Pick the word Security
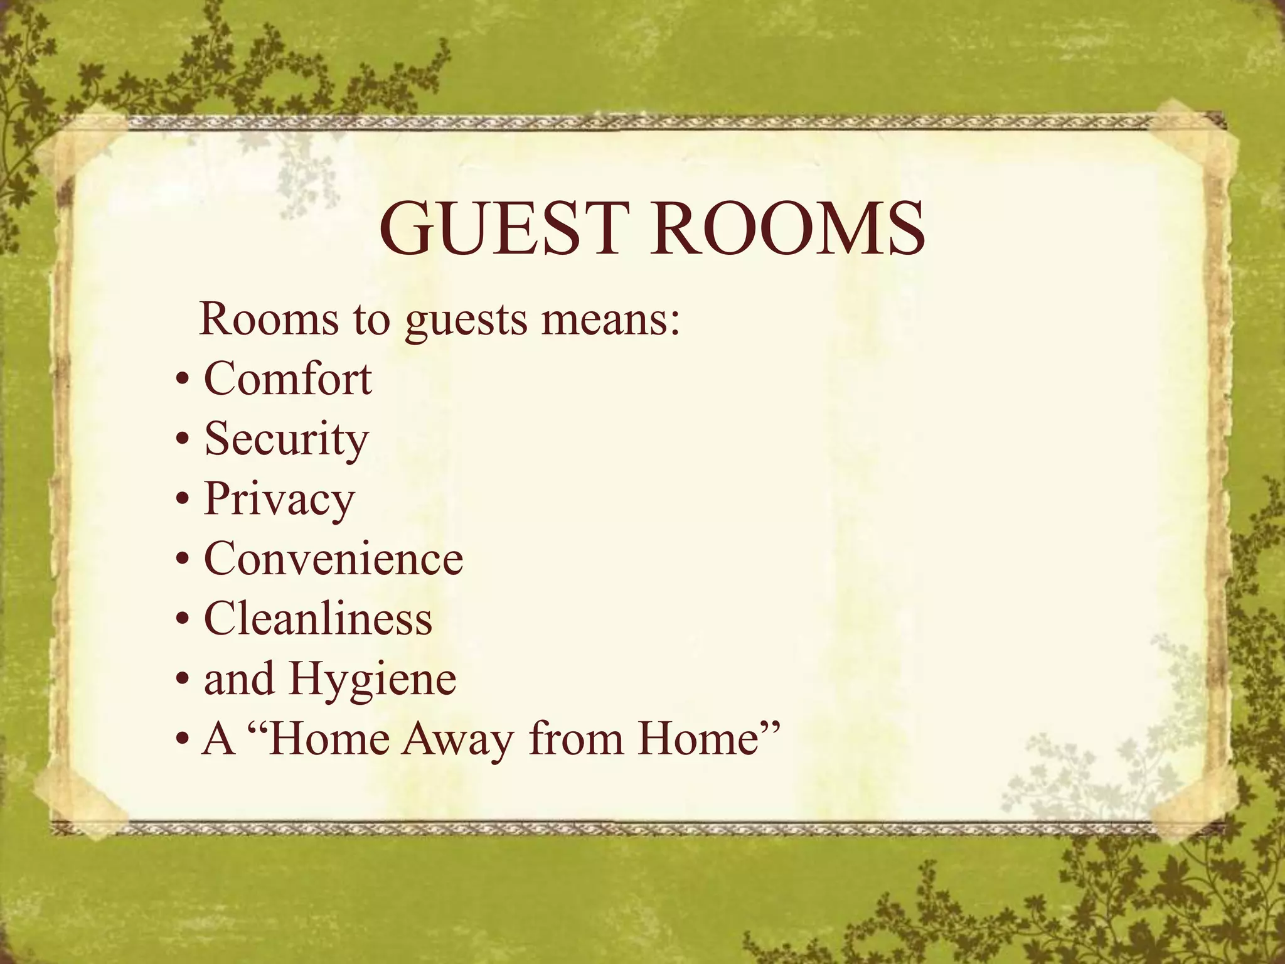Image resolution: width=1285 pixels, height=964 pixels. click(x=287, y=439)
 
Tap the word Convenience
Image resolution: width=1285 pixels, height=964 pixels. click(x=333, y=558)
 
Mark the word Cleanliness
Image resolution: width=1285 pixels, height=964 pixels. click(x=318, y=618)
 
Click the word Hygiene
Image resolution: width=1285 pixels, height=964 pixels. click(x=373, y=680)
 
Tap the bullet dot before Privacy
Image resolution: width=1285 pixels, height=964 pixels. click(x=183, y=501)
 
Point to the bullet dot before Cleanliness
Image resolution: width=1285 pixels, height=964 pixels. click(x=183, y=621)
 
